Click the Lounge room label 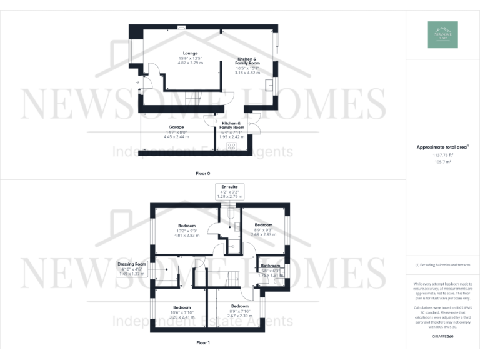(190, 53)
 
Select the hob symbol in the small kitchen (231, 146)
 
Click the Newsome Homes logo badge (442, 35)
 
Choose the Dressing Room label (132, 264)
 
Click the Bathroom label (271, 266)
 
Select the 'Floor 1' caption (203, 343)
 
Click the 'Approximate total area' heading (442, 147)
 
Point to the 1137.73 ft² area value (442, 155)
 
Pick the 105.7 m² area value (442, 161)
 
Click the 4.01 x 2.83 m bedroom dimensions (187, 236)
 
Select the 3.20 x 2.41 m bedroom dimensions (182, 317)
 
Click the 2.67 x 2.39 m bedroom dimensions (240, 316)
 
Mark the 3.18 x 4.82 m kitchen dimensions (247, 72)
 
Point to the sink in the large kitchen (269, 86)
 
